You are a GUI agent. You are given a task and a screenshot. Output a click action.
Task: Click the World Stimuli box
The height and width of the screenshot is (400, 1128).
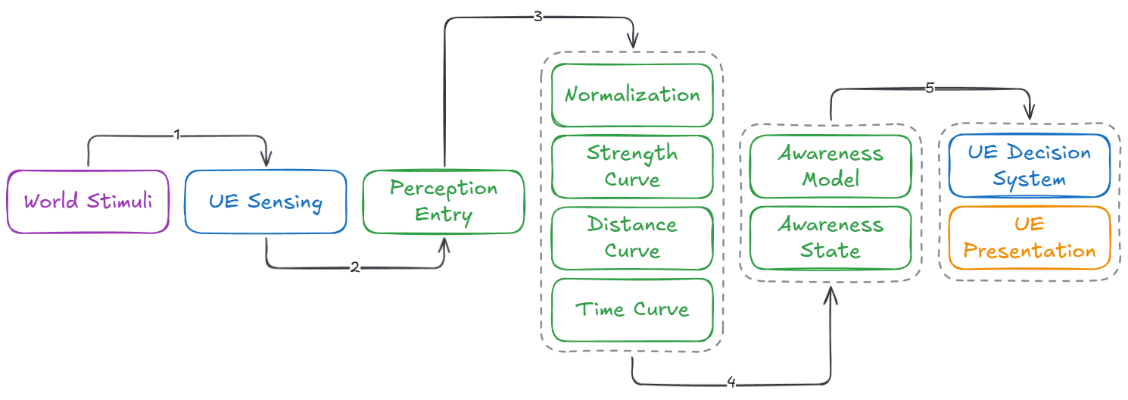click(x=88, y=202)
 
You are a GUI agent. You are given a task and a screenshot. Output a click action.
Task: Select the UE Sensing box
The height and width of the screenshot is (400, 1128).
click(x=265, y=202)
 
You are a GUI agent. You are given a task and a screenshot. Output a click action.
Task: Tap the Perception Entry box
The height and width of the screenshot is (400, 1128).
click(x=444, y=202)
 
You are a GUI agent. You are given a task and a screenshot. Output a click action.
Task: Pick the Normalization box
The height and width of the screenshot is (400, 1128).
click(x=632, y=95)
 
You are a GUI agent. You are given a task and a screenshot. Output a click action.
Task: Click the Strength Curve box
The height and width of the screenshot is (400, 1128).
click(x=632, y=167)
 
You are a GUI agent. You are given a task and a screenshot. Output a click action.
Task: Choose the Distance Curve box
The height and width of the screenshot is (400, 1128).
click(x=632, y=238)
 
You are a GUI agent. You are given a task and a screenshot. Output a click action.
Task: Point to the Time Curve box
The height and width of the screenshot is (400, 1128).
click(x=632, y=309)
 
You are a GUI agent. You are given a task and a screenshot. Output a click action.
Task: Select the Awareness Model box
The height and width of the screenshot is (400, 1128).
click(x=830, y=167)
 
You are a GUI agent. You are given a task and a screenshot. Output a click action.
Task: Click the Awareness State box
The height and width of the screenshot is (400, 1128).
click(x=830, y=238)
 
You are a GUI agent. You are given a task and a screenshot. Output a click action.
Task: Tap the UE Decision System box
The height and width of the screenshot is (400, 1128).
click(x=1029, y=167)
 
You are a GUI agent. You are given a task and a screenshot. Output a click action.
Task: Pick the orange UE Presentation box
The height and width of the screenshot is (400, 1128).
click(x=1029, y=238)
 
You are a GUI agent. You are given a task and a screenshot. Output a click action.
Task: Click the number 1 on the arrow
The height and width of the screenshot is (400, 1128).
click(x=177, y=136)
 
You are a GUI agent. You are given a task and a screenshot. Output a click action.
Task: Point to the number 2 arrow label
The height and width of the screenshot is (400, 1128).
click(x=354, y=267)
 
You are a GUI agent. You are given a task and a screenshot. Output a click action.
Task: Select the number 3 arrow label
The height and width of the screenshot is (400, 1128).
click(x=538, y=17)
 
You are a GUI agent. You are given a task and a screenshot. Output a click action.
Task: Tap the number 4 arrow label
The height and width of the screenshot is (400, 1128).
click(x=731, y=383)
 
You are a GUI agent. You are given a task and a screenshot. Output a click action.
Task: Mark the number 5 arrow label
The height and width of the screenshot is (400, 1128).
click(x=930, y=88)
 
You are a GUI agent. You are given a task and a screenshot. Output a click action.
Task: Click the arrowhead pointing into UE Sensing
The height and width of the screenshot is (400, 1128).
click(x=266, y=161)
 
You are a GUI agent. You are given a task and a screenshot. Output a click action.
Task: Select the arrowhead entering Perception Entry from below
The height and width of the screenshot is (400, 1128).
click(x=444, y=244)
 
